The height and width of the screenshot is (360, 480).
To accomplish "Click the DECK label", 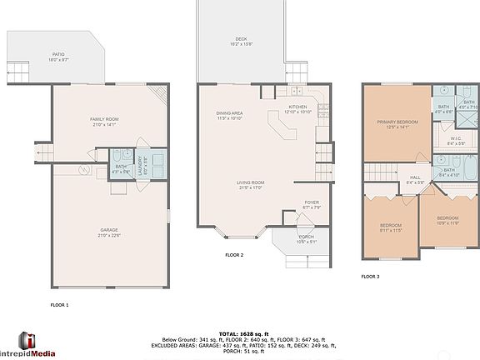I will [x=240, y=40].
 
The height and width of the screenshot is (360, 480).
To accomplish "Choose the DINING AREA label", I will [x=229, y=114].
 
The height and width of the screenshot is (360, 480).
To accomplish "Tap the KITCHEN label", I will [x=297, y=107].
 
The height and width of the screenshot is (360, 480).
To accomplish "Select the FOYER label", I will [x=311, y=202].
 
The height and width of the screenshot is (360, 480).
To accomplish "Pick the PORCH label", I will [x=307, y=238].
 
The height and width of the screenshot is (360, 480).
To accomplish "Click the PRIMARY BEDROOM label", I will [x=397, y=122].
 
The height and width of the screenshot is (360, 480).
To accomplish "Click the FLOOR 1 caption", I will [x=59, y=305].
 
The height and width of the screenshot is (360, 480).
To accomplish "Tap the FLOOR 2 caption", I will [x=234, y=255].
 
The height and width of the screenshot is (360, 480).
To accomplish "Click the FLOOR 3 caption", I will [x=370, y=276].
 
